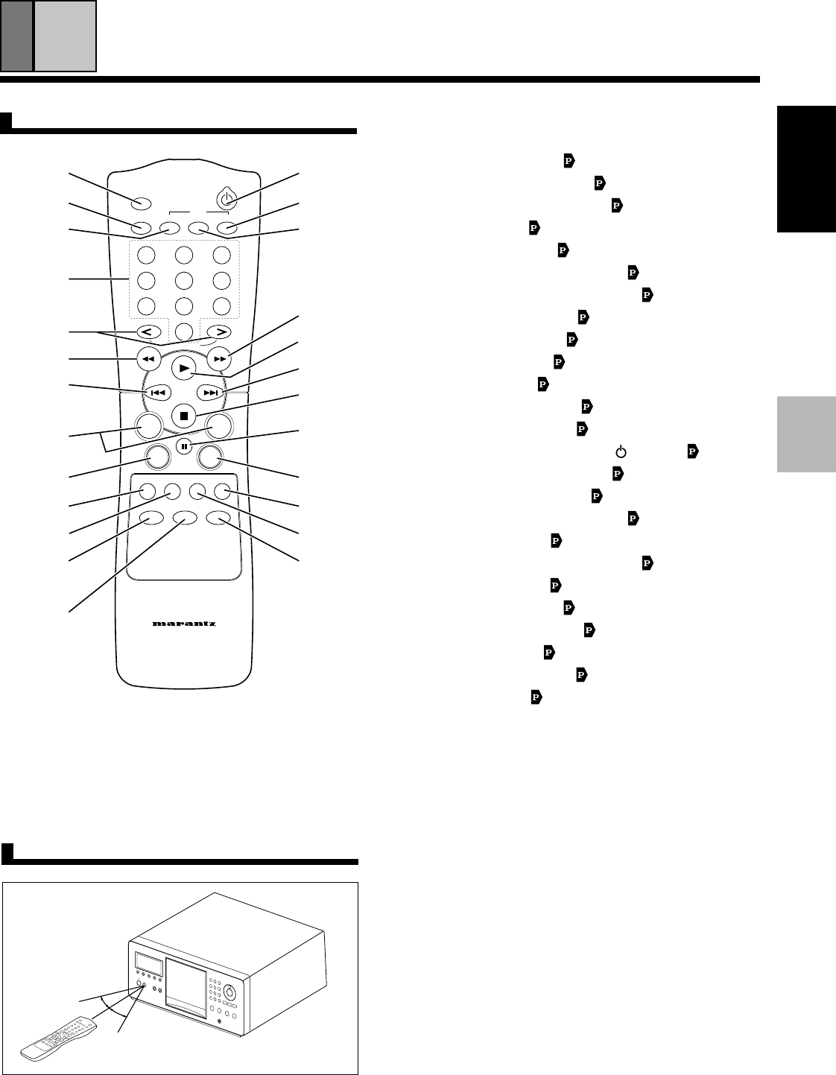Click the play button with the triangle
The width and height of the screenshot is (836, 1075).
(x=181, y=368)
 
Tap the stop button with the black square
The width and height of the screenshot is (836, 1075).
(x=181, y=414)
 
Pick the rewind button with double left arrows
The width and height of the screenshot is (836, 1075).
(x=148, y=359)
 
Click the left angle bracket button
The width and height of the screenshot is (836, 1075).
(x=147, y=332)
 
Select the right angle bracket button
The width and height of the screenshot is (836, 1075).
(x=220, y=332)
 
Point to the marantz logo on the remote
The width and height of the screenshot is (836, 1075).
(x=184, y=624)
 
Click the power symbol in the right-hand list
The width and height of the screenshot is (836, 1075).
(x=619, y=451)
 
